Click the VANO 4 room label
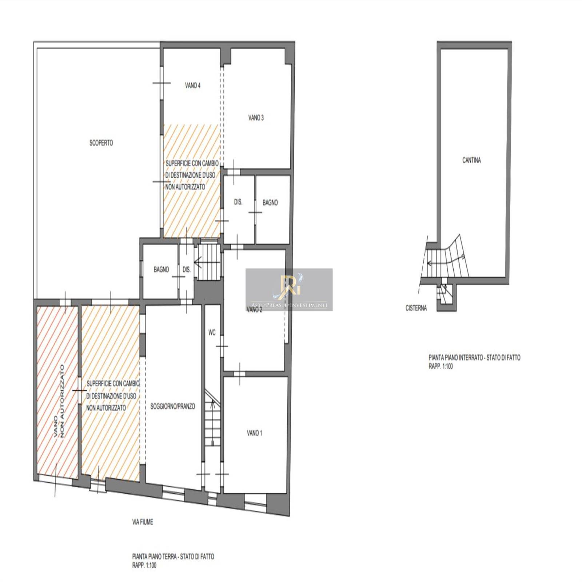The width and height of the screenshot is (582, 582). (192, 85)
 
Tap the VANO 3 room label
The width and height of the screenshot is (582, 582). (256, 117)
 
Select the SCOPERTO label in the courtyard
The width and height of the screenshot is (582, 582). (101, 143)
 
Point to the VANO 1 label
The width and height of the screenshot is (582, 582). (254, 433)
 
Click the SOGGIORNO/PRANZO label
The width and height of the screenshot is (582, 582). (172, 406)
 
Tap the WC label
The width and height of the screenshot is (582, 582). (212, 332)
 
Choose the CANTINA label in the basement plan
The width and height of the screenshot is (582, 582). (471, 160)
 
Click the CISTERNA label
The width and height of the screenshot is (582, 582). (416, 308)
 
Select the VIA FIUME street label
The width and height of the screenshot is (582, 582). (142, 522)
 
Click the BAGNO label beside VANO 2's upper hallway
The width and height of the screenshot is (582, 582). (270, 203)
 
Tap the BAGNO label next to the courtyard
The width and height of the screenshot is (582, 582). (161, 270)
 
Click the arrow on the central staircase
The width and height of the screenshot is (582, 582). (199, 262)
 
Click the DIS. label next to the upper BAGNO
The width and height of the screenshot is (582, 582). (238, 202)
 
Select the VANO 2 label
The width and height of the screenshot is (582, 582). (254, 310)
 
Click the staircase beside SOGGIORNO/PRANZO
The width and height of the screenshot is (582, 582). (212, 418)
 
